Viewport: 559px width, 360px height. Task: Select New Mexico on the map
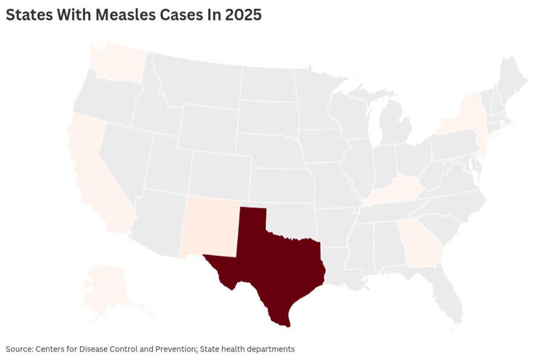(x=210, y=225)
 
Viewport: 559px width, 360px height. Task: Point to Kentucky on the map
(x=397, y=193)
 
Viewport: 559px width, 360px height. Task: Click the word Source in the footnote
(x=20, y=349)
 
